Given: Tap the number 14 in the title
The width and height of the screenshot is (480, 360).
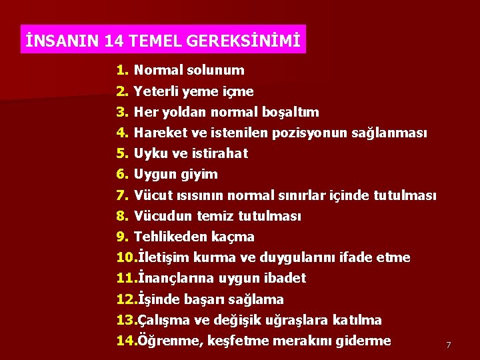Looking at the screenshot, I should (x=113, y=41).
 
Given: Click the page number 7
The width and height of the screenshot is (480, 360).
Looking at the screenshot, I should (x=449, y=345).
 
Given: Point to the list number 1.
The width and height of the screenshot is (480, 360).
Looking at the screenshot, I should (x=121, y=70).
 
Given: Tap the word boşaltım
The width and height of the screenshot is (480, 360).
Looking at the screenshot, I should (x=291, y=112).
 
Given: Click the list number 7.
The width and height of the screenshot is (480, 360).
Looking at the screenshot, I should (x=121, y=195).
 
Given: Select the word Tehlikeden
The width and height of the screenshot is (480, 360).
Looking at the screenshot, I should (x=171, y=237).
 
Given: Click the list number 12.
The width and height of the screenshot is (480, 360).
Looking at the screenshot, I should (x=125, y=299).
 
